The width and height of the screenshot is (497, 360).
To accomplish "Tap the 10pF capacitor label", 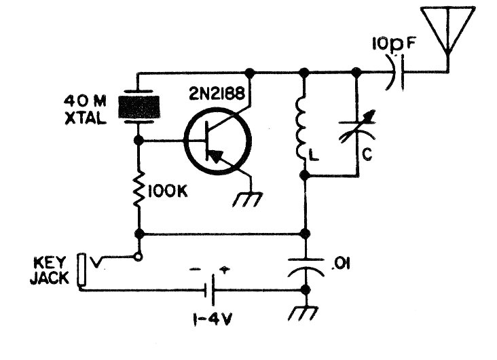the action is click(x=393, y=44).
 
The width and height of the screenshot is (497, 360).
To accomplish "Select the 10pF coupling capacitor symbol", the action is click(x=395, y=73).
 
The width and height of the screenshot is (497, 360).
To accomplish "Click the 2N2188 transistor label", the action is click(x=217, y=93).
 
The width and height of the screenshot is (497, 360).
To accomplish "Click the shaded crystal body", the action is click(x=139, y=107).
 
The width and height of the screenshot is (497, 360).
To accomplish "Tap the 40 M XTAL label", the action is click(x=86, y=110).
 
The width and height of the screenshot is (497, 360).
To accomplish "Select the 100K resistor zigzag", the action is click(x=139, y=190).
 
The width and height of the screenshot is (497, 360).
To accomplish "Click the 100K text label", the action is click(x=168, y=192).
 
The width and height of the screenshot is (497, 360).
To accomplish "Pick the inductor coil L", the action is click(x=301, y=129).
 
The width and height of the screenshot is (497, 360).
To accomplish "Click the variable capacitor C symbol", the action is click(x=357, y=130).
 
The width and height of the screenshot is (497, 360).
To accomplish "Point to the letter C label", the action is click(x=367, y=155).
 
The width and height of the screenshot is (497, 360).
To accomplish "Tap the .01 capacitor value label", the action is click(x=341, y=264).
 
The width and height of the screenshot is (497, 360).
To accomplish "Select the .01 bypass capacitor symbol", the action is click(x=306, y=268).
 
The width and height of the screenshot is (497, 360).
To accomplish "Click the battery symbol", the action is click(x=210, y=290).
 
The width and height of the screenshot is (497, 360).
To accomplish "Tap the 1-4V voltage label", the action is click(x=212, y=320).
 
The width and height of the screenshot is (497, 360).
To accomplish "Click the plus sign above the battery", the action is click(x=225, y=270).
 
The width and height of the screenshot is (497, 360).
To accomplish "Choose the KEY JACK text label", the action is click(x=49, y=270).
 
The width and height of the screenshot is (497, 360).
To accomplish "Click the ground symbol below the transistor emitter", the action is click(x=247, y=199).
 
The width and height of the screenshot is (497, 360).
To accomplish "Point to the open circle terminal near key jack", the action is click(x=138, y=257).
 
